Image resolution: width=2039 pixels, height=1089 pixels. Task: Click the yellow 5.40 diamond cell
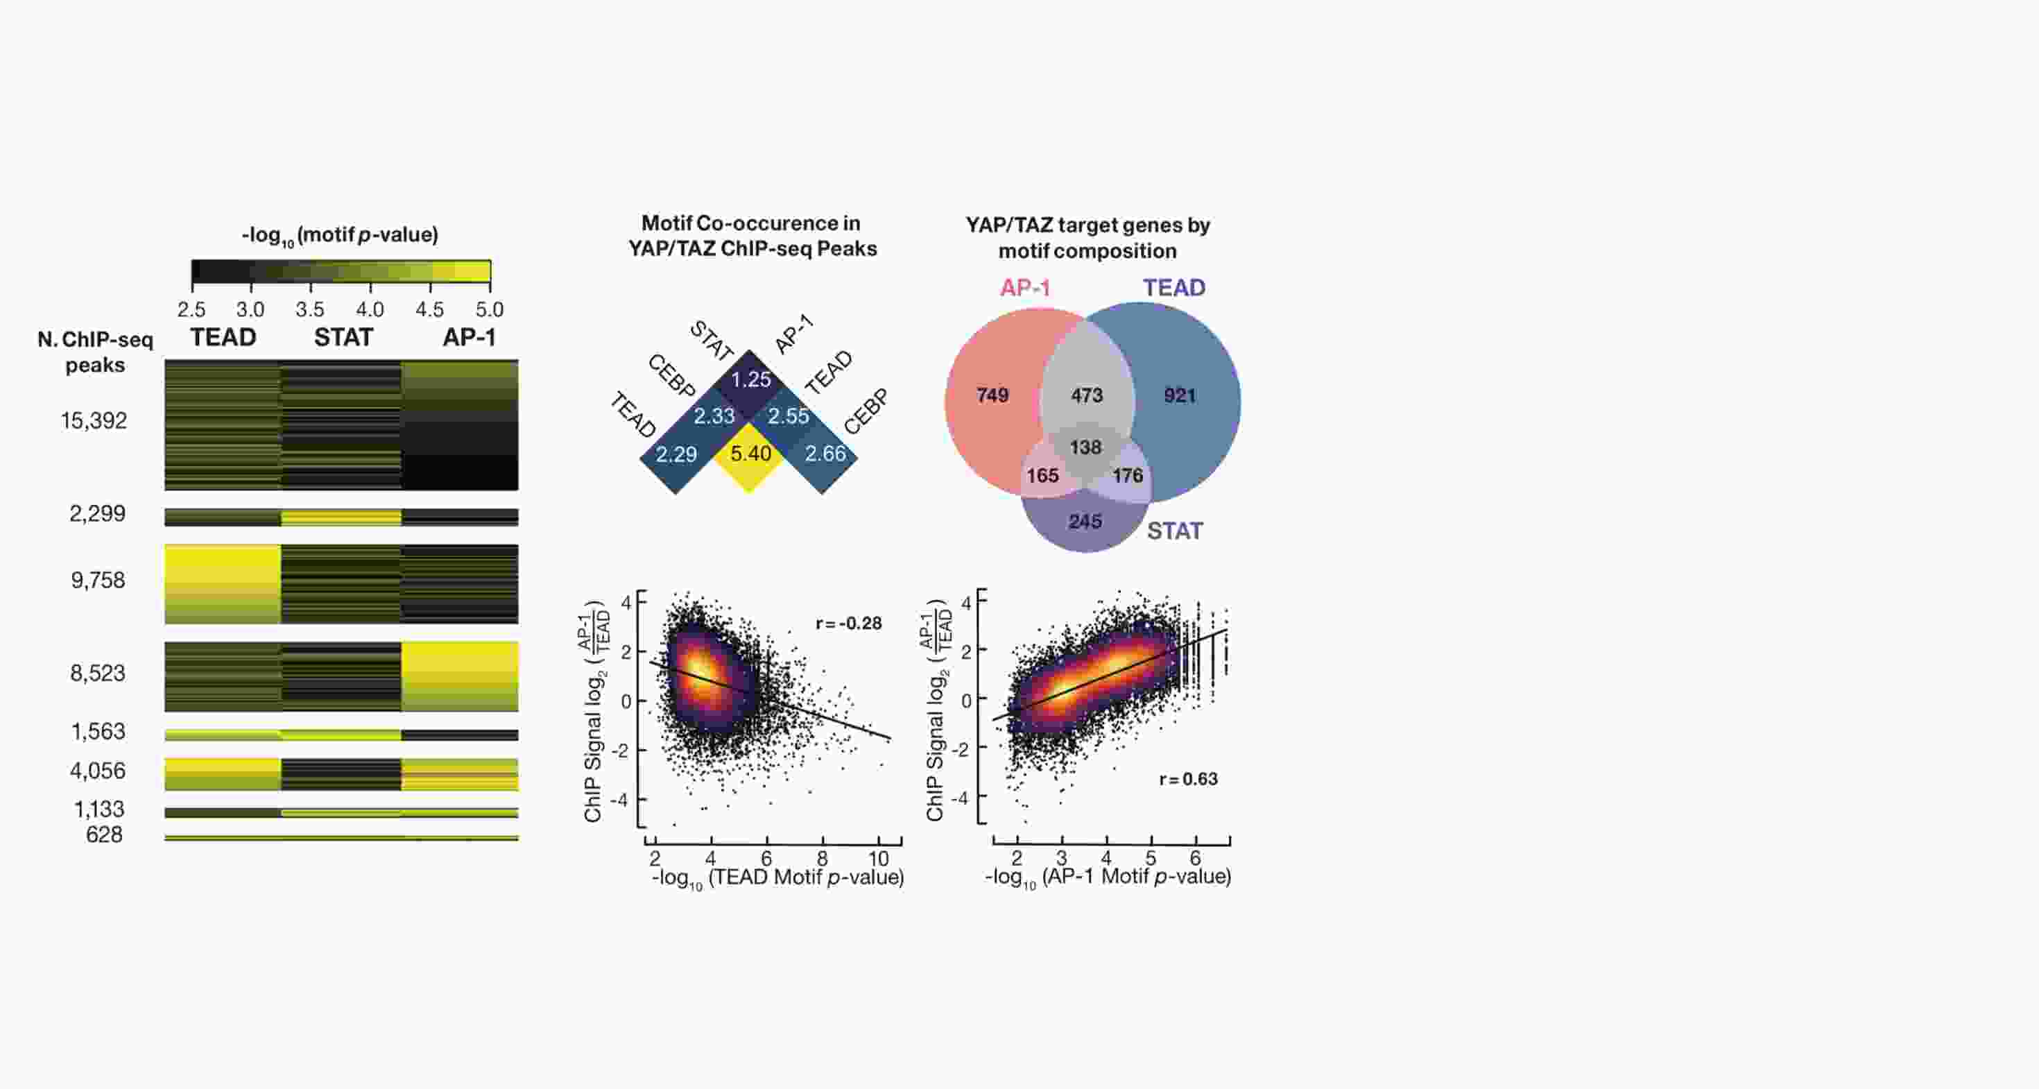(x=750, y=454)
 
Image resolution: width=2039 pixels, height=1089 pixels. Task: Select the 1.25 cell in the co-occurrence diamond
(x=750, y=380)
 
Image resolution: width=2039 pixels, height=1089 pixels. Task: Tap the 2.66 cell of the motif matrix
(x=825, y=454)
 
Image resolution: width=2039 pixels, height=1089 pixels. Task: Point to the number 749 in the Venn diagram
(x=992, y=395)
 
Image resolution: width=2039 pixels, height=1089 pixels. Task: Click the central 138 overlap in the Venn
(x=1085, y=448)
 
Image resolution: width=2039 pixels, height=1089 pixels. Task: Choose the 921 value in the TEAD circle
(x=1180, y=395)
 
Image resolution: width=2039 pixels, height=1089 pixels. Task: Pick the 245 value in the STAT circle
(x=1085, y=522)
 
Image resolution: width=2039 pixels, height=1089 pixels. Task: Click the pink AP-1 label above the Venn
(x=1025, y=288)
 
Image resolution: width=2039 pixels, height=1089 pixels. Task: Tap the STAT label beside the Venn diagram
(x=1175, y=531)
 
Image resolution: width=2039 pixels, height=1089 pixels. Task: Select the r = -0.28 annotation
(x=848, y=624)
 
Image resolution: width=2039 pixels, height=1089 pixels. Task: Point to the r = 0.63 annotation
(x=1188, y=780)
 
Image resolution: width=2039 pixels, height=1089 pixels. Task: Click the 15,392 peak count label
(x=94, y=421)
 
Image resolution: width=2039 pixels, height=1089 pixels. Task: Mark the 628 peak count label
(x=104, y=835)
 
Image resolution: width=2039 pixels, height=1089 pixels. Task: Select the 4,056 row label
(x=97, y=771)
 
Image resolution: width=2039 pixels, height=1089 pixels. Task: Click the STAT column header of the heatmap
(x=343, y=338)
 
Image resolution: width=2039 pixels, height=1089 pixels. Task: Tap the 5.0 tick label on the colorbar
(x=489, y=309)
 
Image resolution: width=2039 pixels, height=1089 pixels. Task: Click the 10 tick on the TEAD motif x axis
(x=879, y=859)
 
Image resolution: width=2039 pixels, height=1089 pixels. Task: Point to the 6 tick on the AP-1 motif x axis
(x=1195, y=858)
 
